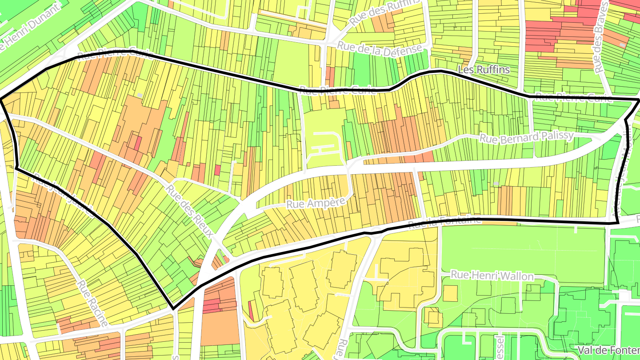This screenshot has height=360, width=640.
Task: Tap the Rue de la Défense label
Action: point(378,48)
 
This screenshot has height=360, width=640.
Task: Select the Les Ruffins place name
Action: point(484,70)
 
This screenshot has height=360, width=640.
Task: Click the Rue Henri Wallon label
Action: point(492,276)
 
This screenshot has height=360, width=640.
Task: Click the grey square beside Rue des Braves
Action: point(622,45)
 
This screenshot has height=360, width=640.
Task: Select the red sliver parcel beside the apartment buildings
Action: point(251,310)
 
